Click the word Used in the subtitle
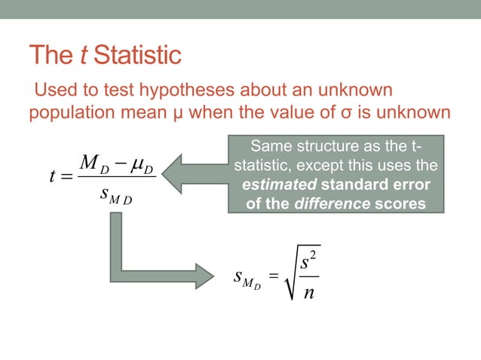click(x=53, y=91)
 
